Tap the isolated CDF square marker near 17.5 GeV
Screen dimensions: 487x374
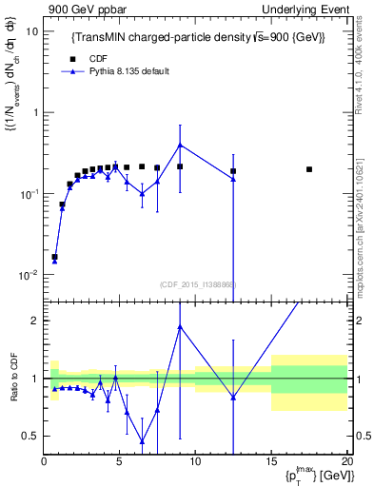(309, 169)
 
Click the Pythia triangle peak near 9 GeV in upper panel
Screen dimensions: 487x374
(180, 146)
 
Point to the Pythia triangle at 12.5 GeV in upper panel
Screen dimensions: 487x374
(233, 179)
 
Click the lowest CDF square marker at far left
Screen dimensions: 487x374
(54, 257)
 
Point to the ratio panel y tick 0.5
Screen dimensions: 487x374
(32, 436)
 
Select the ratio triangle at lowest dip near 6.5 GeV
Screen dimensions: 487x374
(142, 440)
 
